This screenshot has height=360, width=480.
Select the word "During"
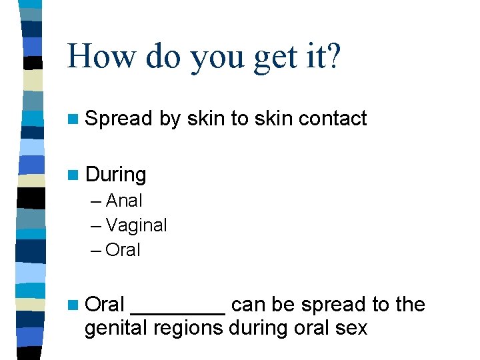pyautogui.click(x=116, y=175)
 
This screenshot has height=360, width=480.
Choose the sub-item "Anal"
pyautogui.click(x=124, y=200)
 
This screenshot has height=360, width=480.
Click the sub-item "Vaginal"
pyautogui.click(x=136, y=225)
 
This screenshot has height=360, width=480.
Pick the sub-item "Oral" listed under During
pyautogui.click(x=123, y=251)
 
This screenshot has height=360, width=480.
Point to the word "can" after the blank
pyautogui.click(x=248, y=305)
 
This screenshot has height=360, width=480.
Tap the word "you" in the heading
pyautogui.click(x=215, y=59)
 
